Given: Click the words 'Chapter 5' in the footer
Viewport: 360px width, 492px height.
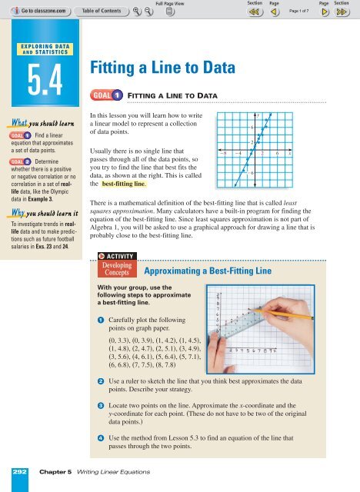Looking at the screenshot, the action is coord(55,470).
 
